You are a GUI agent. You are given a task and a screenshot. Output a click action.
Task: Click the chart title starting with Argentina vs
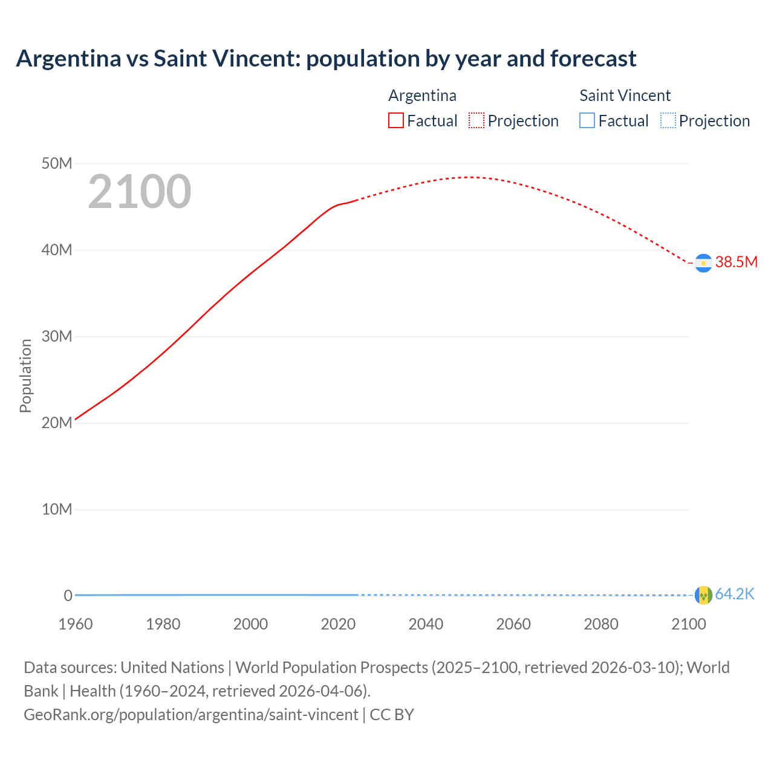[x=326, y=59]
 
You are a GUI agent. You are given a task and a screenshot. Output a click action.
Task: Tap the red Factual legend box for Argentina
[x=395, y=120]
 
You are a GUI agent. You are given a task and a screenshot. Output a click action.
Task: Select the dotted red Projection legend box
[x=476, y=120]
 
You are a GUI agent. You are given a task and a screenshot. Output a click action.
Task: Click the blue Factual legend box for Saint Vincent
[x=587, y=120]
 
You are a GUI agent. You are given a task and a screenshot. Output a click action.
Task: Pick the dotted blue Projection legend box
[x=668, y=120]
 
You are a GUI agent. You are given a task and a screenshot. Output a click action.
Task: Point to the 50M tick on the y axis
[x=57, y=163]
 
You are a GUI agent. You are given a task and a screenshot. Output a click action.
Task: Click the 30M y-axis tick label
[x=57, y=336]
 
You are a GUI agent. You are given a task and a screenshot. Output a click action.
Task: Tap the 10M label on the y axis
[x=57, y=509]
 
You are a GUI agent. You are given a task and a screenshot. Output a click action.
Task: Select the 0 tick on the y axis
[x=68, y=596]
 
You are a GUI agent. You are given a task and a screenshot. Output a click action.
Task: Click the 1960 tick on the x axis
[x=76, y=624]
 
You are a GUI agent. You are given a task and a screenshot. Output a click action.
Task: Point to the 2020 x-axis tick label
[x=338, y=624]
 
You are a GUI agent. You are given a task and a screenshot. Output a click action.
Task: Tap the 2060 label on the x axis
[x=513, y=624]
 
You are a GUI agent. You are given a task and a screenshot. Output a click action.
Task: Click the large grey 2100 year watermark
[x=140, y=192]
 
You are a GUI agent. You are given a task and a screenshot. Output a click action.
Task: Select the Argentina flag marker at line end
[x=703, y=263]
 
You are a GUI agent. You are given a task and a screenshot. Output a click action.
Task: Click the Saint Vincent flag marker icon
[x=703, y=595]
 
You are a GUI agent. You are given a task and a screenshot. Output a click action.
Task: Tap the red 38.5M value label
[x=736, y=262]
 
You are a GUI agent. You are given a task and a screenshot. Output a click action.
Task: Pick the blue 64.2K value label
[x=735, y=594]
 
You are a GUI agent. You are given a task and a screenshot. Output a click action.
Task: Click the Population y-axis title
[x=25, y=376]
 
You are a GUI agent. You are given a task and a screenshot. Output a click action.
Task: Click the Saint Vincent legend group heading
[x=625, y=96]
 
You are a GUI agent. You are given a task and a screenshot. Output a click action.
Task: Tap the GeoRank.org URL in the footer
[x=191, y=715]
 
